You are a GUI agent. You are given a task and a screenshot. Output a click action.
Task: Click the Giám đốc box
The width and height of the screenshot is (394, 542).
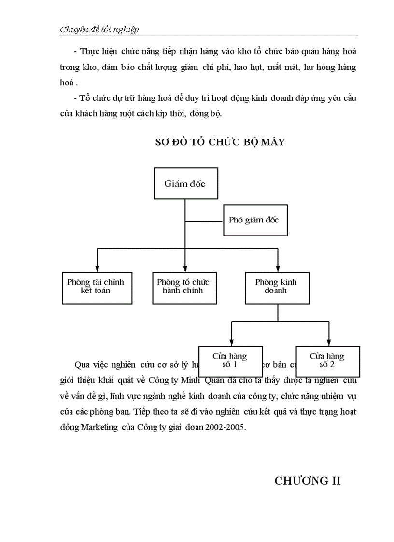point(186,183)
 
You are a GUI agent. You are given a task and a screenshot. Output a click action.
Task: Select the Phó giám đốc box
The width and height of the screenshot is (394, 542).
point(255,220)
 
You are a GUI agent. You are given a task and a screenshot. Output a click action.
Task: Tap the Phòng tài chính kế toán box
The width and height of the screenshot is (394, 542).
point(97,288)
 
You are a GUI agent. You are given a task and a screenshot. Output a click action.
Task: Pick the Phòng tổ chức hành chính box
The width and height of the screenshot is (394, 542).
point(184,288)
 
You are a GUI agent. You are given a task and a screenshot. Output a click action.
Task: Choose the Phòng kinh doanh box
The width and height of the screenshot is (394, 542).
point(277,288)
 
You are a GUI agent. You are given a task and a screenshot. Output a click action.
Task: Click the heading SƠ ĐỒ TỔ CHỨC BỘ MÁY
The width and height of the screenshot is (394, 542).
point(220,142)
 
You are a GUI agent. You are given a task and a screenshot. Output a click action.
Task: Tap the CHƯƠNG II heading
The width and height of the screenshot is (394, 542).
point(308,481)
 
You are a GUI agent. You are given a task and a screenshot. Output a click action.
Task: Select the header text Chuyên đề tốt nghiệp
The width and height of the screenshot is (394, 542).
point(99,30)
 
